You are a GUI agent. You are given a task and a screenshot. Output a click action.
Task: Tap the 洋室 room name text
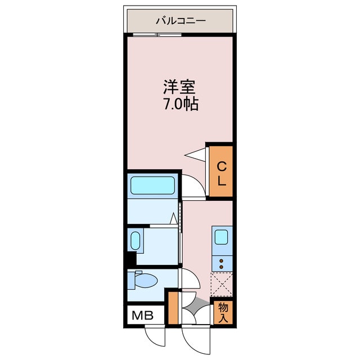179,87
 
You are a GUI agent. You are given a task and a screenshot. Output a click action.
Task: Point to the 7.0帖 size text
179,105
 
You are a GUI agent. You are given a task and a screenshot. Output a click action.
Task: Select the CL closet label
222,173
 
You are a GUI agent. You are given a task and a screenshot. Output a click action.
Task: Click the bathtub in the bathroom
152,185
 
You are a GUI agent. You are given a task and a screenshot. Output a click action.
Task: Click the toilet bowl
146,280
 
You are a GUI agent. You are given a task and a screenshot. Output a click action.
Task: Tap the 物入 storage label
223,312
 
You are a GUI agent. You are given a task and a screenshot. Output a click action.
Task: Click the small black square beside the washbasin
130,259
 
